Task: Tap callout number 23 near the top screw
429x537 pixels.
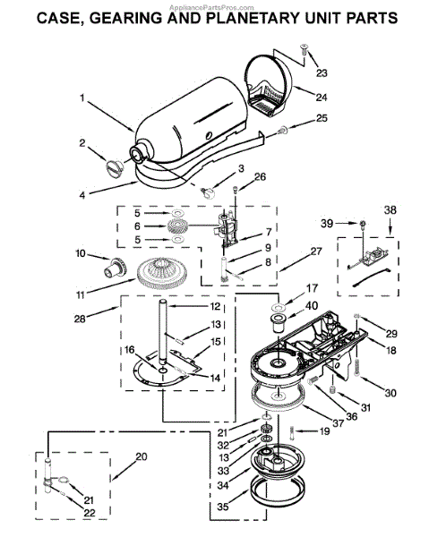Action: click(x=322, y=72)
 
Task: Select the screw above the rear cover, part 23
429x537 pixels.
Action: click(x=304, y=48)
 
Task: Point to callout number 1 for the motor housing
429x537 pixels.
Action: click(x=82, y=98)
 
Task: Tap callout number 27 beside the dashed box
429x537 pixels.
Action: click(x=316, y=251)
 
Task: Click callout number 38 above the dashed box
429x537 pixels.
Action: click(x=390, y=209)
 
